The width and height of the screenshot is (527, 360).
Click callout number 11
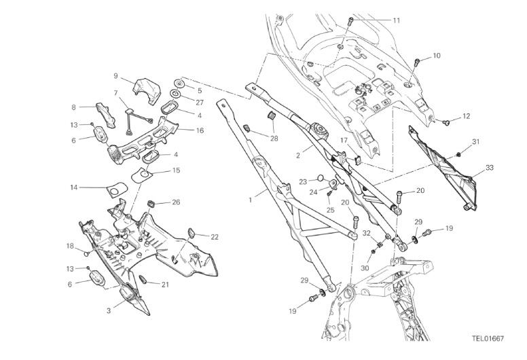click(x=396, y=20)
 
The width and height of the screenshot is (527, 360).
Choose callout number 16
click(x=200, y=130)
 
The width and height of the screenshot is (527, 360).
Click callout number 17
click(x=344, y=141)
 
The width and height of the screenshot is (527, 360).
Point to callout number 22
click(x=214, y=237)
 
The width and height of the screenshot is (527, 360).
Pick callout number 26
click(x=176, y=202)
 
